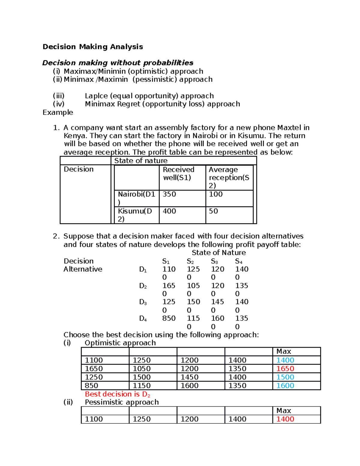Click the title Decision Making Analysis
point(93,47)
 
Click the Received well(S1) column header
point(178,174)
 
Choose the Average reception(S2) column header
point(229,177)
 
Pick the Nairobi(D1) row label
point(136,198)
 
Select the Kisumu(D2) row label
point(135,215)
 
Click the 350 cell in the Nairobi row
point(169,194)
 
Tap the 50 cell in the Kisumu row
point(213,211)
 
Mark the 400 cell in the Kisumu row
point(169,211)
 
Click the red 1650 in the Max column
point(285,369)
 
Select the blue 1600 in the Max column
point(285,386)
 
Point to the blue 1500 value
point(285,377)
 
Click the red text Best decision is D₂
point(117,394)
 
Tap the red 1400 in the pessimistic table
point(285,419)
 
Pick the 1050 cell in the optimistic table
point(142,369)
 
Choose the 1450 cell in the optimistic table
point(189,377)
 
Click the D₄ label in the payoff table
point(143,319)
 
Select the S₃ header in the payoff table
point(214,261)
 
